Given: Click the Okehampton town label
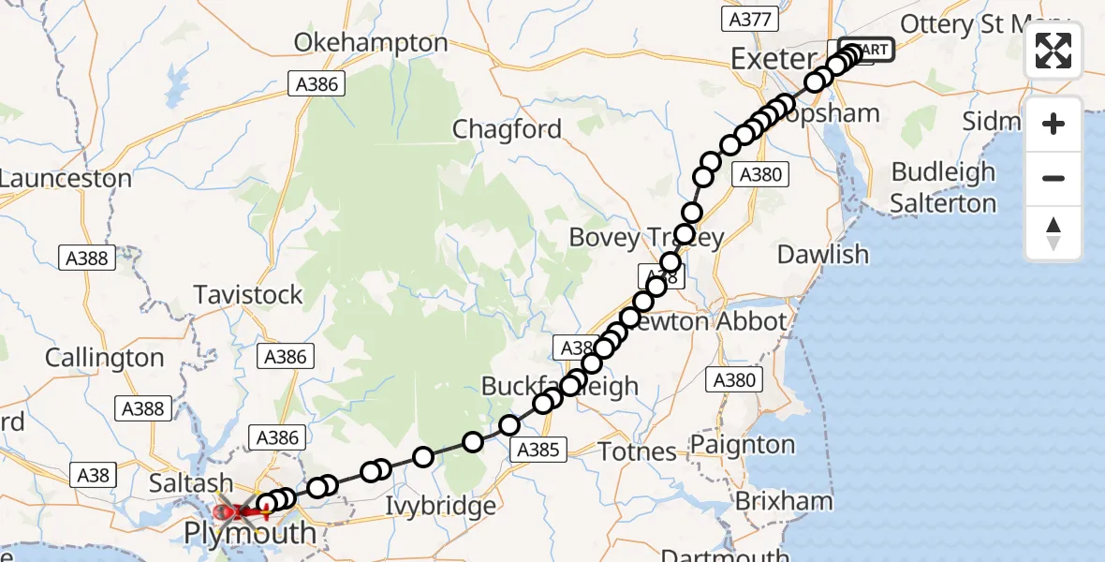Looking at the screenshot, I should [x=371, y=43].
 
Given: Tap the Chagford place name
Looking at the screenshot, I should [x=507, y=129].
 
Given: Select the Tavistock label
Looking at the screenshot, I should [x=248, y=295].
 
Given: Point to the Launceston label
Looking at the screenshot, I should [x=65, y=178].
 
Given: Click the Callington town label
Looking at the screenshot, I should [x=104, y=358].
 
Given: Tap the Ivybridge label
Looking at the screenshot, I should [x=441, y=507].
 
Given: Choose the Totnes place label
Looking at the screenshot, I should [x=638, y=451].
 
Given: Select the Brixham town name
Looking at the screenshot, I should [x=783, y=501].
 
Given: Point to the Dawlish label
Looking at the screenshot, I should [x=823, y=254].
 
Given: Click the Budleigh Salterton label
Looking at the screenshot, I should [x=943, y=187].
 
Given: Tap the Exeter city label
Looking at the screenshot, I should [x=773, y=59].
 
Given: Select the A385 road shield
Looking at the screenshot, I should [x=538, y=451].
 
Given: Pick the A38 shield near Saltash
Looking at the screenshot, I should [x=93, y=476].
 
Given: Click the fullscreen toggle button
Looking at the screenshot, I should [x=1053, y=51].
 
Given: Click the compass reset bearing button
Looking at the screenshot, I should [x=1053, y=233].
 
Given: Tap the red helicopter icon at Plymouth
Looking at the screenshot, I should [x=229, y=511].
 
